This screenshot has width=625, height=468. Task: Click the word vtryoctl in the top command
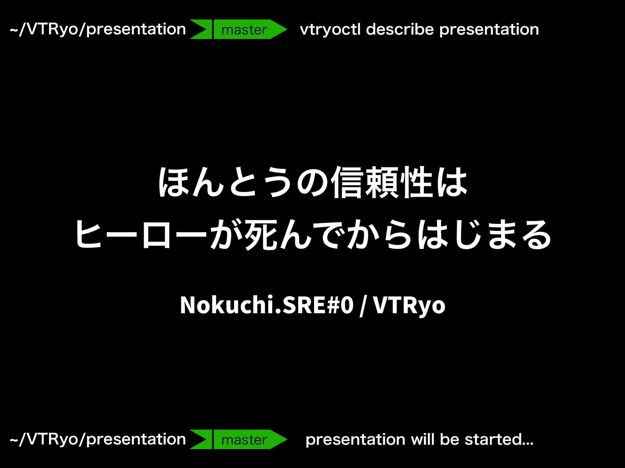(x=330, y=29)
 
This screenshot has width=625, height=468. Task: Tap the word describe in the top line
(x=400, y=29)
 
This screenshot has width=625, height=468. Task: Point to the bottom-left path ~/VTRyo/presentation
(x=98, y=440)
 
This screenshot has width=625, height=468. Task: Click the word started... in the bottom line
(x=499, y=439)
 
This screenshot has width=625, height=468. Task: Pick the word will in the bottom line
(x=423, y=439)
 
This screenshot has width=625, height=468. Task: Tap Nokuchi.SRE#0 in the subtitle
(x=267, y=305)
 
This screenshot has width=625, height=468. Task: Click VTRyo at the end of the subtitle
(x=409, y=305)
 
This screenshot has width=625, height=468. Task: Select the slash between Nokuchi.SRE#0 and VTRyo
(x=363, y=305)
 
